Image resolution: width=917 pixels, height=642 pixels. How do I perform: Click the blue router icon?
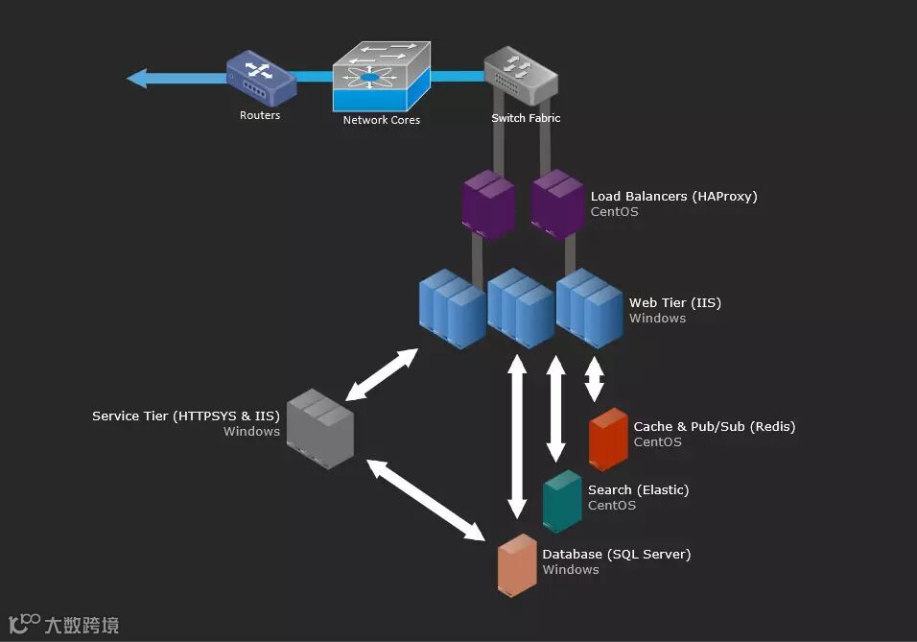point(262,79)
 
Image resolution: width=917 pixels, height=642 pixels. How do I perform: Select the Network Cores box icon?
point(382,76)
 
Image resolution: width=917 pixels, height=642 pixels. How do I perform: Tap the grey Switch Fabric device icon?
point(521,76)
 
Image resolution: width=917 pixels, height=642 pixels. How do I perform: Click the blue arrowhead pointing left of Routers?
point(137,78)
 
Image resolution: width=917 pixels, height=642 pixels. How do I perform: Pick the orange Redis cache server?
point(608,440)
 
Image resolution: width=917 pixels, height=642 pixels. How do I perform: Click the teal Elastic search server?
point(562,502)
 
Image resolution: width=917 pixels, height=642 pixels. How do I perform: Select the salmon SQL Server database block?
point(517,565)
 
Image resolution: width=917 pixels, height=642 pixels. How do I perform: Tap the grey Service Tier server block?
point(320,429)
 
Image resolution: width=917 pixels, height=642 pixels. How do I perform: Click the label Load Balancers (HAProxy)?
point(673,196)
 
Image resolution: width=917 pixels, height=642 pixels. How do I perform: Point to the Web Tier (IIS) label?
point(675,302)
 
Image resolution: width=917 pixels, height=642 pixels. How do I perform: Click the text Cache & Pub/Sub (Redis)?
point(714,426)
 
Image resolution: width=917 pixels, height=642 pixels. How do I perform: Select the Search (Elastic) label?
point(638,489)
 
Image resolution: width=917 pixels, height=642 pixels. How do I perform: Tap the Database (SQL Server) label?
point(617,554)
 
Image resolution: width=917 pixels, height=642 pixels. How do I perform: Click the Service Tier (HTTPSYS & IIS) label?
point(186,416)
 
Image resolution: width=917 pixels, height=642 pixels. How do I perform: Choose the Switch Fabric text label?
point(526,118)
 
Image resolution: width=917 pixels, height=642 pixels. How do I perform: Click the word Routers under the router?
point(260,115)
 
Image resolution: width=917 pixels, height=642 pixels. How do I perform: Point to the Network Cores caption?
point(382,120)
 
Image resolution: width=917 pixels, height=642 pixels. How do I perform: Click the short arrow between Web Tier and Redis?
point(594,379)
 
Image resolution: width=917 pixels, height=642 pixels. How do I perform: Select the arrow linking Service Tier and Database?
point(426,500)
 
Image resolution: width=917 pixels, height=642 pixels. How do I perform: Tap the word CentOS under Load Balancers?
point(614,212)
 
